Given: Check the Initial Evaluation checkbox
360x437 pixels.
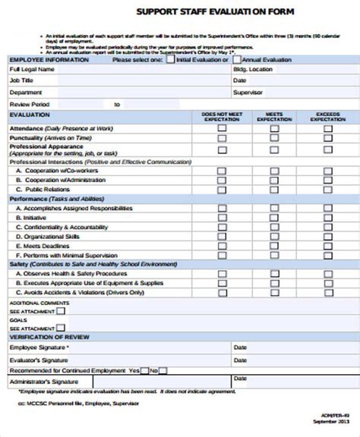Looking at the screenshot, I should tap(171, 58).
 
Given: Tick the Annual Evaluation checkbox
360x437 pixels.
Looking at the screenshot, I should tap(237, 58).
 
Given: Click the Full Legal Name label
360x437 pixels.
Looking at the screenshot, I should tap(32, 69).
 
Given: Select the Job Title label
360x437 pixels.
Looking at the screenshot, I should tap(21, 80).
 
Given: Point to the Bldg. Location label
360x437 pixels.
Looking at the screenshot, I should tap(253, 69).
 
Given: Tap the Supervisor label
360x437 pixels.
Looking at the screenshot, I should tap(248, 92).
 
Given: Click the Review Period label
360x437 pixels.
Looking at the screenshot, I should tap(30, 104).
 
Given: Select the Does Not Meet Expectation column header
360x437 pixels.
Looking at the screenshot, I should tap(222, 116).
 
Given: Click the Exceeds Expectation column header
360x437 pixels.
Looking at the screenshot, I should tap(328, 116).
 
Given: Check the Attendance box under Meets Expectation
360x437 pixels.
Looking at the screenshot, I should tap(275, 128).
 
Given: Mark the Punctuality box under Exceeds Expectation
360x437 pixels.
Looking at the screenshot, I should tap(328, 139).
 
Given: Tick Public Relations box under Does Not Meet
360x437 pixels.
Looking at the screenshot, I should tap(222, 190).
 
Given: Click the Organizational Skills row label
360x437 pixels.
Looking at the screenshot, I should tap(52, 236).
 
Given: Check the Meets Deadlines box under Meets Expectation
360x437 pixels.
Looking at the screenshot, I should tap(275, 246).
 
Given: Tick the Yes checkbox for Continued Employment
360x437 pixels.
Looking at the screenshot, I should tap(144, 370).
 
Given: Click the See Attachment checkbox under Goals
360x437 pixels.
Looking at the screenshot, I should tap(61, 327).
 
